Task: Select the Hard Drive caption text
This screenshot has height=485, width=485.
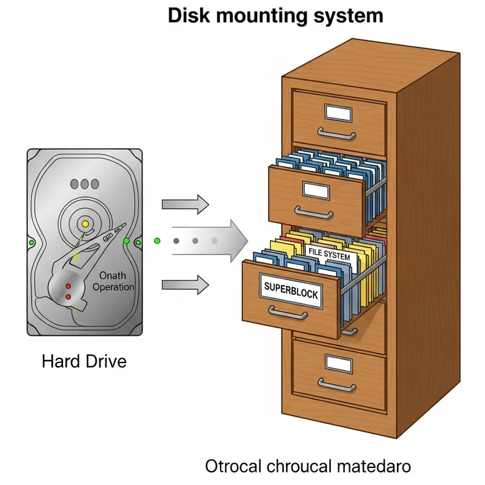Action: [84, 362]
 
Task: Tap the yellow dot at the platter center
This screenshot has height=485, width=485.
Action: [85, 225]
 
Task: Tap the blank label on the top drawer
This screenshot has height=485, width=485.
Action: [339, 113]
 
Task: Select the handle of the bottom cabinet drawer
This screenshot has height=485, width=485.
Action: [337, 385]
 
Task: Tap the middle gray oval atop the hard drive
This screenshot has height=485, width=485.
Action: [85, 183]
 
